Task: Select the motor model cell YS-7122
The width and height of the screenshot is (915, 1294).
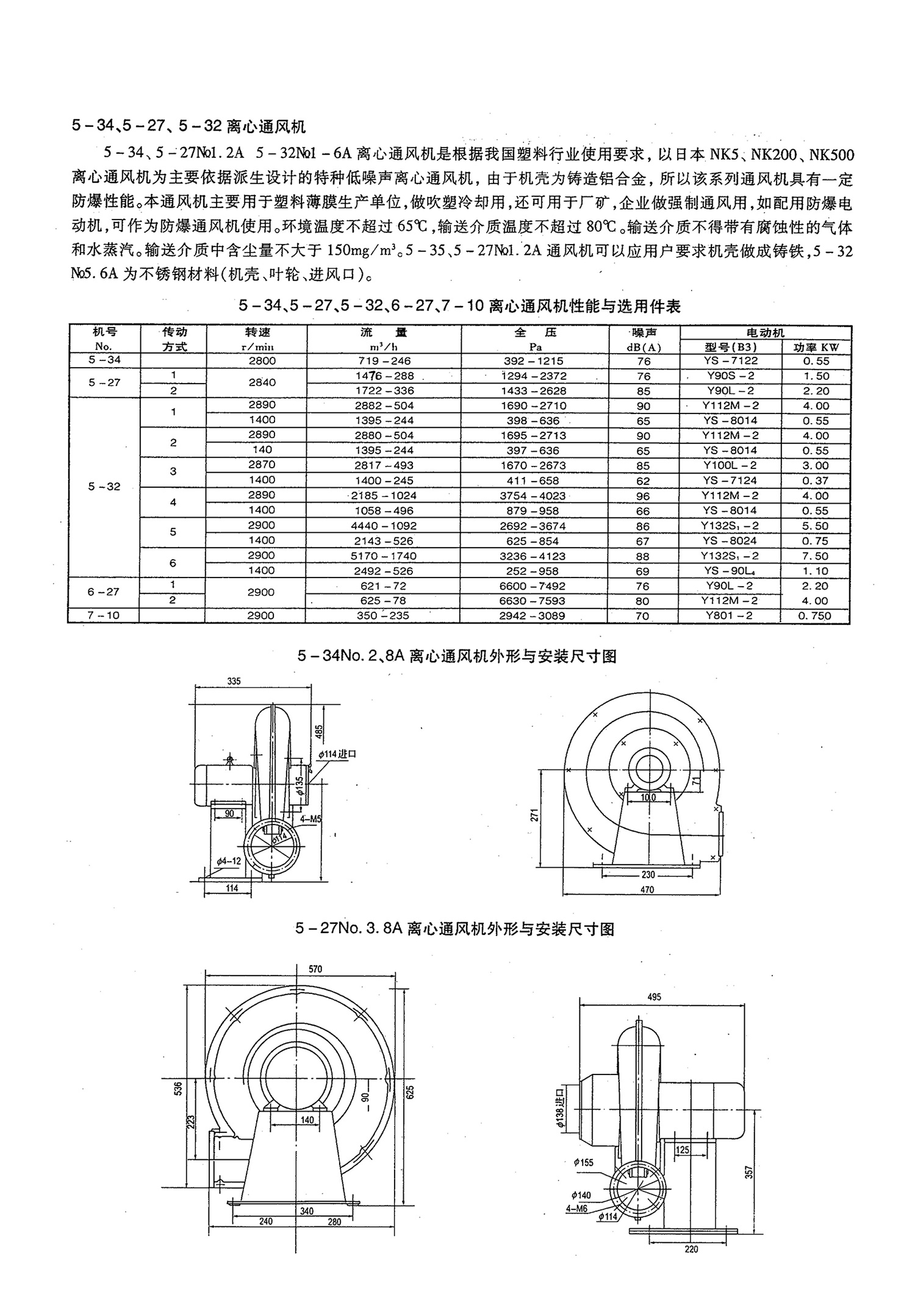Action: pyautogui.click(x=730, y=360)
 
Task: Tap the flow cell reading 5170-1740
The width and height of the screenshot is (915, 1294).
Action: pyautogui.click(x=383, y=556)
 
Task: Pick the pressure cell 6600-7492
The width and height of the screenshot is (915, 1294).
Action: pyautogui.click(x=533, y=585)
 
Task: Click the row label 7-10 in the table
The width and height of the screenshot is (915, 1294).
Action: pyautogui.click(x=104, y=615)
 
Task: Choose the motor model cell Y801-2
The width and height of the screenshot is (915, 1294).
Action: pyautogui.click(x=730, y=615)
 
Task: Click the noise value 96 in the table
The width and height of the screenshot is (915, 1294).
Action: pyautogui.click(x=643, y=496)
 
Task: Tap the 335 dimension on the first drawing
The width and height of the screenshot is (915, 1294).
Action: pyautogui.click(x=234, y=681)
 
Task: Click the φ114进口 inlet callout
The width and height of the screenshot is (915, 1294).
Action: pyautogui.click(x=337, y=754)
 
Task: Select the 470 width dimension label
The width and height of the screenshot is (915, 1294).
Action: pyautogui.click(x=647, y=890)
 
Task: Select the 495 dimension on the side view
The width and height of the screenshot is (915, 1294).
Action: pyautogui.click(x=654, y=996)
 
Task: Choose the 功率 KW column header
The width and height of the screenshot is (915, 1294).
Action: pyautogui.click(x=816, y=347)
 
